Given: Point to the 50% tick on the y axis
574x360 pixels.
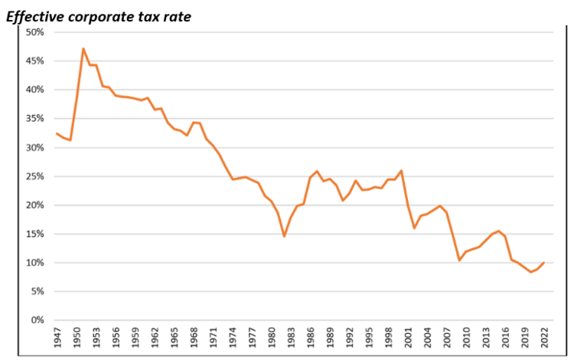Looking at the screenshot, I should [34, 32].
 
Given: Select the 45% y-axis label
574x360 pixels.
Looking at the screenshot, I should [34, 61].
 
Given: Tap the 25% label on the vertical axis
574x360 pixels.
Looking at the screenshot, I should [34, 176].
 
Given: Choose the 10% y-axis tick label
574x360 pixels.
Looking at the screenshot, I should [34, 263].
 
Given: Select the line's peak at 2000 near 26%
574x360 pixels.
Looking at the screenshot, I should [401, 170].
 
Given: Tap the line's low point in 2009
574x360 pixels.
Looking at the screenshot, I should [459, 260].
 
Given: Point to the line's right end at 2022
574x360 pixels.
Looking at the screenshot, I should [543, 263].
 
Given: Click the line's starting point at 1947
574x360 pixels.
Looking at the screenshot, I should [57, 133].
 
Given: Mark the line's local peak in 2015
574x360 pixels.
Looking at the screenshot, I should [498, 231].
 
